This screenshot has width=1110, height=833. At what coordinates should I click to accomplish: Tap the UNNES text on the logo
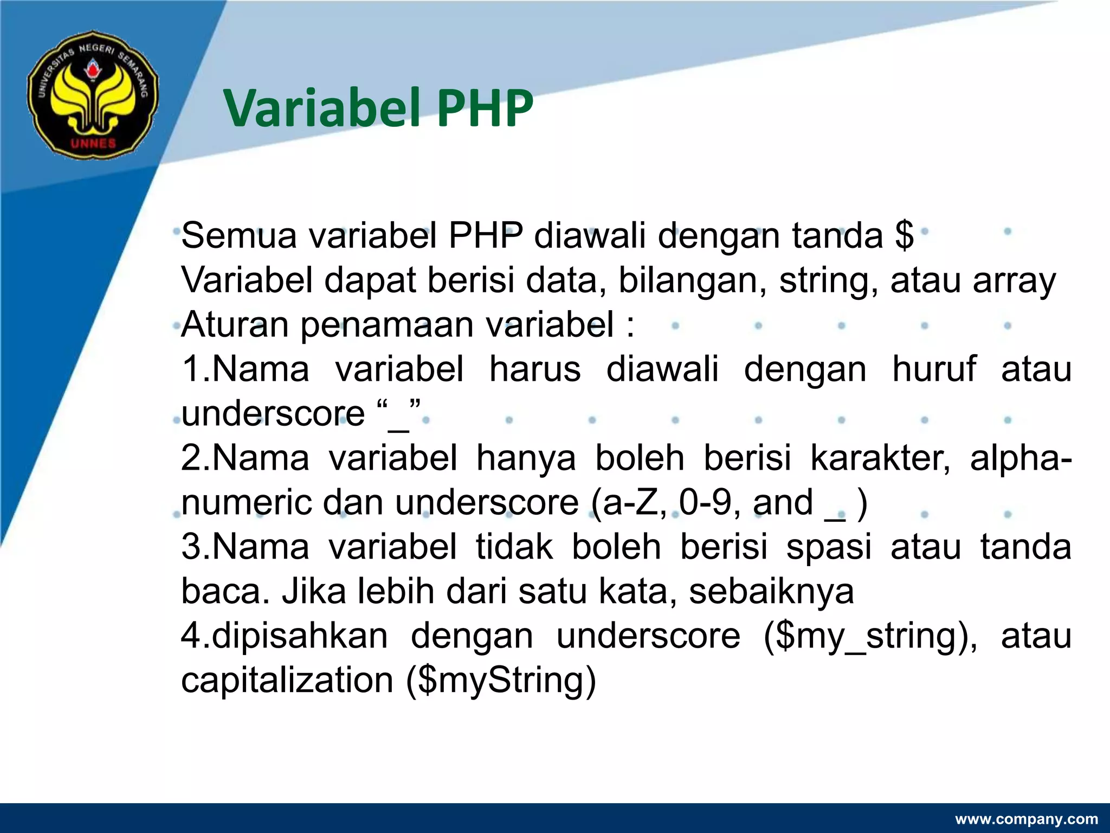tap(93, 143)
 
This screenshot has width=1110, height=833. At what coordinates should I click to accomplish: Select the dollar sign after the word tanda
tap(904, 235)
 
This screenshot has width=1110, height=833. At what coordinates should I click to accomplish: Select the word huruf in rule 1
tap(934, 369)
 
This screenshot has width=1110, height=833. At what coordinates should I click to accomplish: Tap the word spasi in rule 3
tap(829, 547)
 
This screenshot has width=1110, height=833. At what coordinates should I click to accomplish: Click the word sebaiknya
tap(771, 591)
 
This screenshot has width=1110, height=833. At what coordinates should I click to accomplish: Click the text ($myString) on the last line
tap(501, 681)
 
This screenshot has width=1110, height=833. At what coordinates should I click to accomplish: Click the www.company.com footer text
tap(1026, 819)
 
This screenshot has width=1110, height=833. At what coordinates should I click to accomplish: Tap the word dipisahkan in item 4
tap(300, 636)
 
